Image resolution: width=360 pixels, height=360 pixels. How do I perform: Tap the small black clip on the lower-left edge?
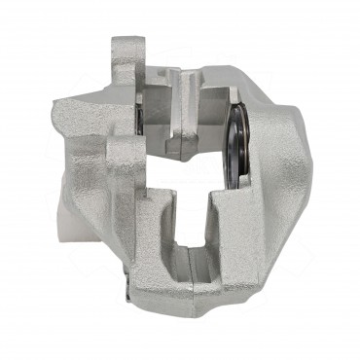(x=126, y=289)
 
